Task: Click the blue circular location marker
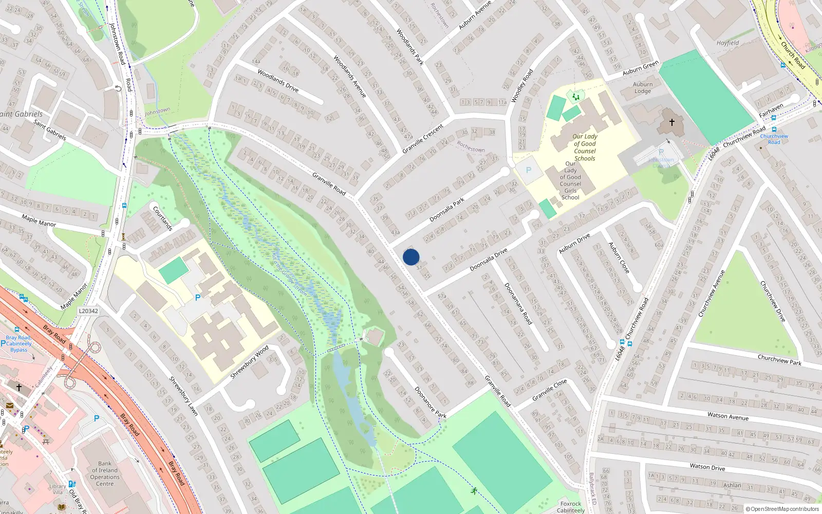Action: pos(411,257)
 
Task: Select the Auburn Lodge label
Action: pos(643,88)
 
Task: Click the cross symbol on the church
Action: pos(671,122)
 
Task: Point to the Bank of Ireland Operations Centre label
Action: pos(105,473)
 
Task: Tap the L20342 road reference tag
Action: pos(88,311)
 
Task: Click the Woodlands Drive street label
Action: pos(277,81)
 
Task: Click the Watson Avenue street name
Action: pos(727,416)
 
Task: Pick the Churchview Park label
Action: pos(779,359)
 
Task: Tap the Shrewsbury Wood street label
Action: pos(249,362)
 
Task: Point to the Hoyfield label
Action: pos(727,43)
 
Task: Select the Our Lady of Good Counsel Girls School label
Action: pos(570,180)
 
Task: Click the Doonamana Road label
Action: pos(517,303)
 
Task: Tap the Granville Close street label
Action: pos(549,390)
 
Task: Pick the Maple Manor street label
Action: pos(39,221)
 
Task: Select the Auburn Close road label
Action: pos(619,258)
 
